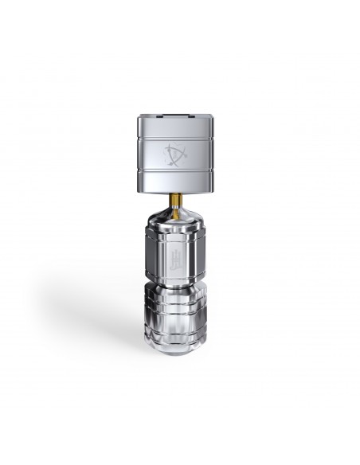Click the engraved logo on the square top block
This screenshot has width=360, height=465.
click(175, 153)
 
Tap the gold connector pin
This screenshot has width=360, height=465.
click(175, 197)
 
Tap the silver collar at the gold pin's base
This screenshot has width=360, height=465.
click(175, 205)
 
